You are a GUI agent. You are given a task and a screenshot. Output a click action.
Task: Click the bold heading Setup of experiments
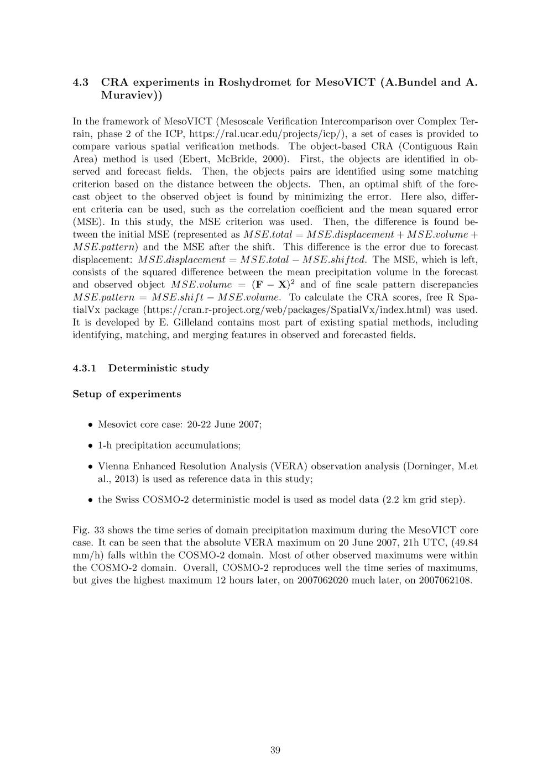(127, 395)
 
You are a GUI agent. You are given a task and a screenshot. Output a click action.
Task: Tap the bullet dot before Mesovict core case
(90, 425)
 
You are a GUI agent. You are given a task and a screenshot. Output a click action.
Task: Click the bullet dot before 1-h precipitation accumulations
(90, 445)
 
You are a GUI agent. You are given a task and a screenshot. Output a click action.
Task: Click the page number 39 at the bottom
(275, 750)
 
